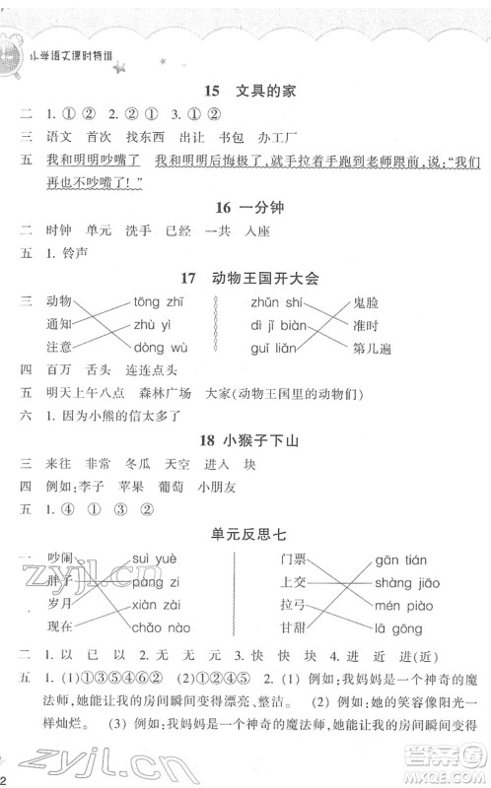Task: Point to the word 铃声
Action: [87, 252]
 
